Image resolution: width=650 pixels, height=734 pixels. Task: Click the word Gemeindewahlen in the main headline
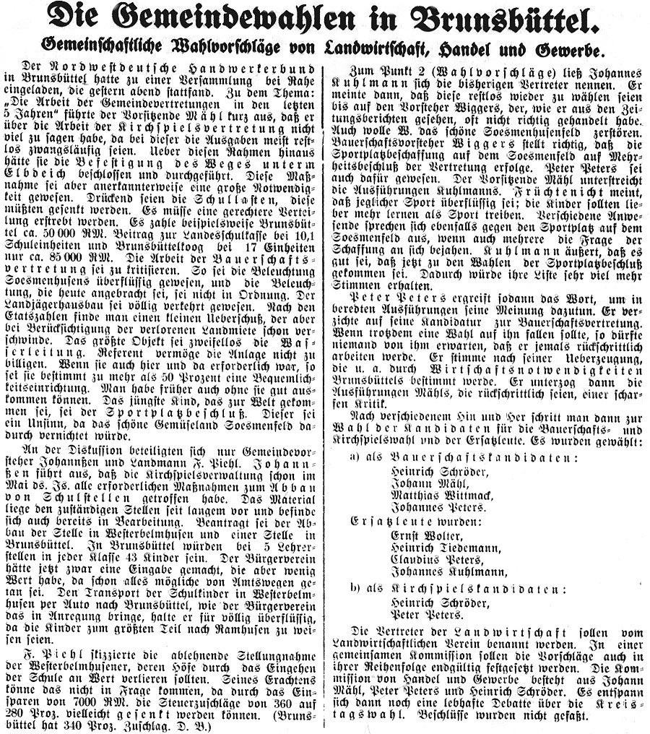(238, 20)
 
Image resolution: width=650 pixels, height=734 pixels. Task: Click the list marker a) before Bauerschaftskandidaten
(353, 459)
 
